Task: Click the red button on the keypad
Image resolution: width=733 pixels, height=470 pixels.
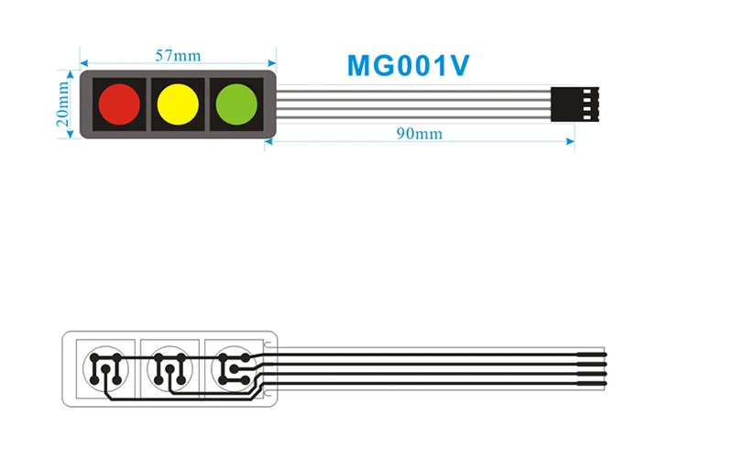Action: coord(119,104)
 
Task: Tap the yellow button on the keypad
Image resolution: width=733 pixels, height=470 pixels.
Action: coord(178,104)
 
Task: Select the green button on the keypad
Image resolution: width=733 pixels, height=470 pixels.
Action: coord(235,104)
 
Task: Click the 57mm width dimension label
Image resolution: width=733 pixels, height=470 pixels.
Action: coord(178,55)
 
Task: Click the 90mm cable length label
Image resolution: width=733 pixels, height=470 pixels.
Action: coord(419,134)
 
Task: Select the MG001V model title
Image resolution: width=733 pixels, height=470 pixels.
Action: coord(409,66)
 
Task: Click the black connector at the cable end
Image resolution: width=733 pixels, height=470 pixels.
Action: coord(573,104)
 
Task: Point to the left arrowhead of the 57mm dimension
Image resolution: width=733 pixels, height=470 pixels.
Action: coord(83,64)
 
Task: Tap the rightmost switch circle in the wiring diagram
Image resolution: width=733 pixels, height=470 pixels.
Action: coord(232,367)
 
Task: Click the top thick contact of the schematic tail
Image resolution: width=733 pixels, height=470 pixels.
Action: coord(591,353)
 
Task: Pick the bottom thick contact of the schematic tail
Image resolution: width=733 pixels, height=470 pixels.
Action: coord(591,383)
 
